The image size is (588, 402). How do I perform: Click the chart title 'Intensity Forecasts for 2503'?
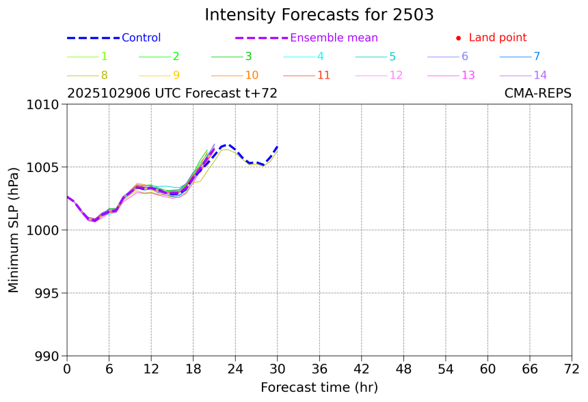(x=319, y=15)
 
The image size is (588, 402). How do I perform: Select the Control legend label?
(x=141, y=38)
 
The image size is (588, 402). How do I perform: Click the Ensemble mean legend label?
(x=334, y=38)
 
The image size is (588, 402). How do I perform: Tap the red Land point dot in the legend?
(x=458, y=38)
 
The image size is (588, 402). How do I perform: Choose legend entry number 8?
(x=104, y=75)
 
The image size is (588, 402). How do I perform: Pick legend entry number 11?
(x=323, y=75)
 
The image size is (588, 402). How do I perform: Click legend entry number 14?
(x=540, y=75)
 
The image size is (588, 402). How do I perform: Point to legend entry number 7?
(x=537, y=57)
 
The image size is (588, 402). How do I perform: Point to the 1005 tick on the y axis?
(x=45, y=167)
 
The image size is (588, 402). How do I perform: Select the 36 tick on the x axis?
(x=319, y=369)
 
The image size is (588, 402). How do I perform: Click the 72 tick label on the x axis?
(x=572, y=369)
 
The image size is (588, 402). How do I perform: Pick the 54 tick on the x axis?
(x=446, y=369)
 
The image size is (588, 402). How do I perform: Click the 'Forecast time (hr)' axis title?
(x=319, y=388)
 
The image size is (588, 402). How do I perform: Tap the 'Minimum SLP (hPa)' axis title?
(x=14, y=230)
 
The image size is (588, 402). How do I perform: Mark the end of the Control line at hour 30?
(x=278, y=146)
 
